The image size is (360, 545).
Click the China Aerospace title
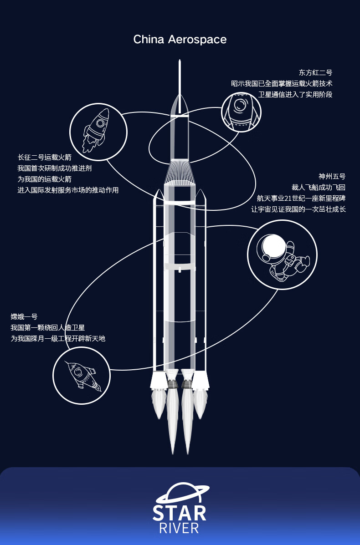tap(180, 40)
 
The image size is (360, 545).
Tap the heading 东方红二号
tap(315, 73)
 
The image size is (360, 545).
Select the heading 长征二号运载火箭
tap(45, 158)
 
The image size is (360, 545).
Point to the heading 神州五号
tap(332, 176)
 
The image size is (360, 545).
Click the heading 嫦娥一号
tap(24, 316)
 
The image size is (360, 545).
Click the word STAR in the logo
tap(180, 513)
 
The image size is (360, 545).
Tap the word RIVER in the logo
tap(180, 528)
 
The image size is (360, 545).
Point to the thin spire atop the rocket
tap(180, 87)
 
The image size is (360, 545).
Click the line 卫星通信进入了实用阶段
tap(295, 95)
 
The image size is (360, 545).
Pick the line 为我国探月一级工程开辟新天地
tap(58, 339)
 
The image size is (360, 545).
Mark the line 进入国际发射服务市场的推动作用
tap(68, 190)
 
